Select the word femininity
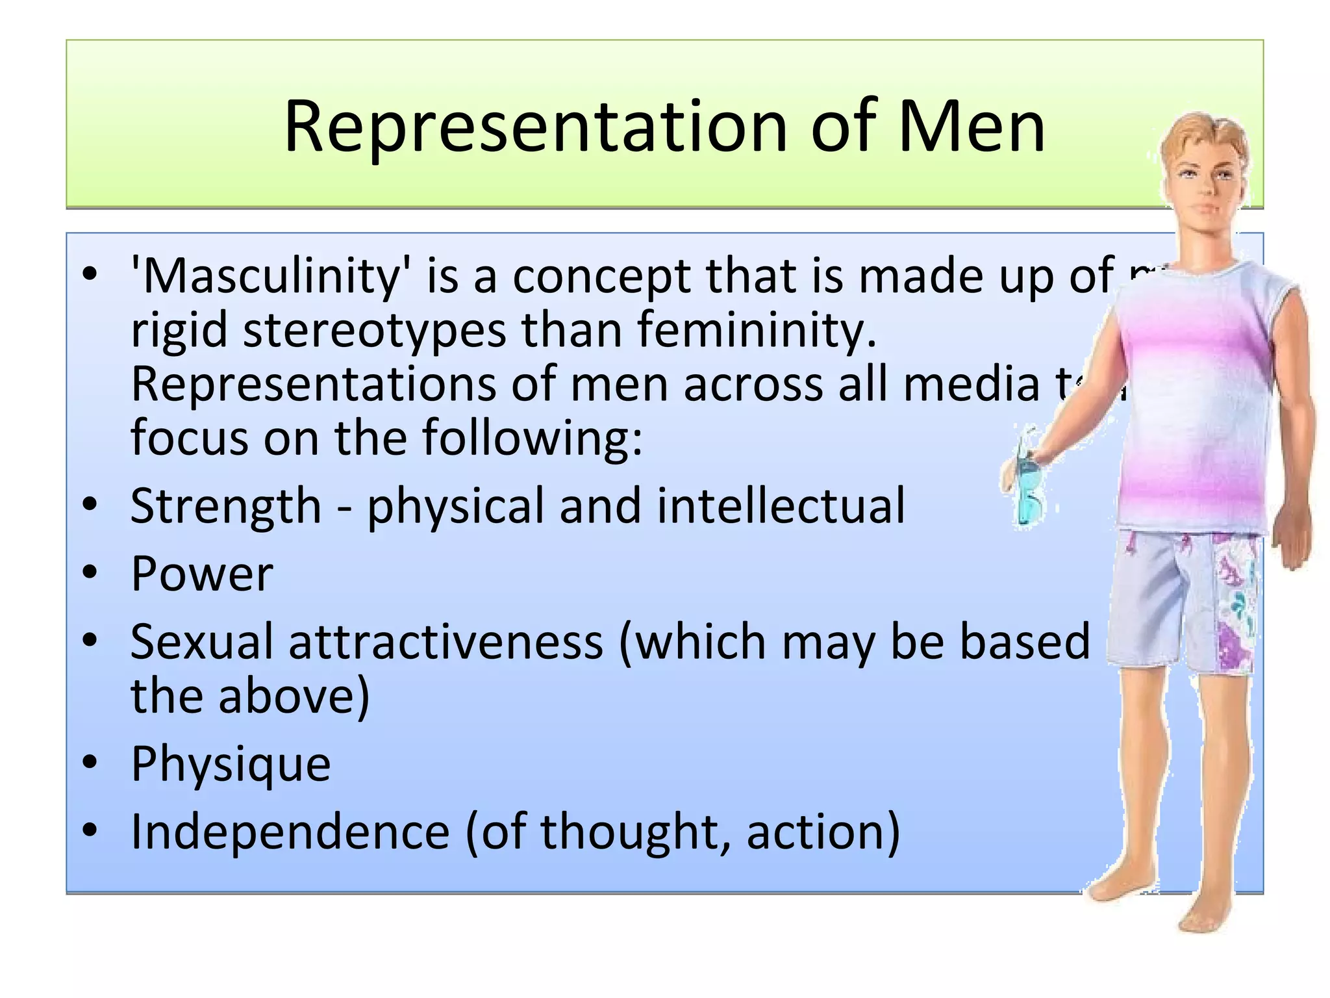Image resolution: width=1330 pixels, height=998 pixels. coord(757,330)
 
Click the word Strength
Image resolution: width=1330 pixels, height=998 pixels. coord(225,505)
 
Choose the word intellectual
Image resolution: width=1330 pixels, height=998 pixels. coord(781,505)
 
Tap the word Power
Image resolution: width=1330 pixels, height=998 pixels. coord(201,574)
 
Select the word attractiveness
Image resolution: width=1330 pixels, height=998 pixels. coord(446,642)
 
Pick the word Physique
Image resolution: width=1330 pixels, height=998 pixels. coord(231,764)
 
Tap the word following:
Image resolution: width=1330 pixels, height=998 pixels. coord(533,438)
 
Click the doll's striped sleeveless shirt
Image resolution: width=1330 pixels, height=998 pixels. coord(1195,403)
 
